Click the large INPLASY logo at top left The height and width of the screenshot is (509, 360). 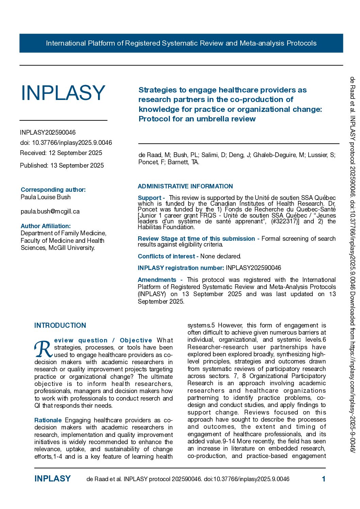[63, 93]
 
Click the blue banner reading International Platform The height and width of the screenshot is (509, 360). [181, 43]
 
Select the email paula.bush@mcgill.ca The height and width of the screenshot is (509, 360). [50, 211]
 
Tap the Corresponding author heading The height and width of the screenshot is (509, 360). [53, 190]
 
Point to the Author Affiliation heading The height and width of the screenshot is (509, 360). [46, 226]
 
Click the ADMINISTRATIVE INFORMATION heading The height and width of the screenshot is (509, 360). [185, 186]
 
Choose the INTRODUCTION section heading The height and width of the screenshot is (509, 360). [60, 325]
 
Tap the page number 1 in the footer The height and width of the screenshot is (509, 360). [324, 479]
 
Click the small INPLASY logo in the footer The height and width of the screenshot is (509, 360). [52, 479]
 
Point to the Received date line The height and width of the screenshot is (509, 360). [61, 153]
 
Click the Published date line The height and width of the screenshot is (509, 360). [62, 166]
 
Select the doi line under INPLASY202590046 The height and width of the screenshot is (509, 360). [66, 143]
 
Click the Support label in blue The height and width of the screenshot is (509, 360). [150, 198]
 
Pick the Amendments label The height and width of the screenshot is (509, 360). [157, 280]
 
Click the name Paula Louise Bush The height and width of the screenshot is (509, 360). [46, 197]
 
